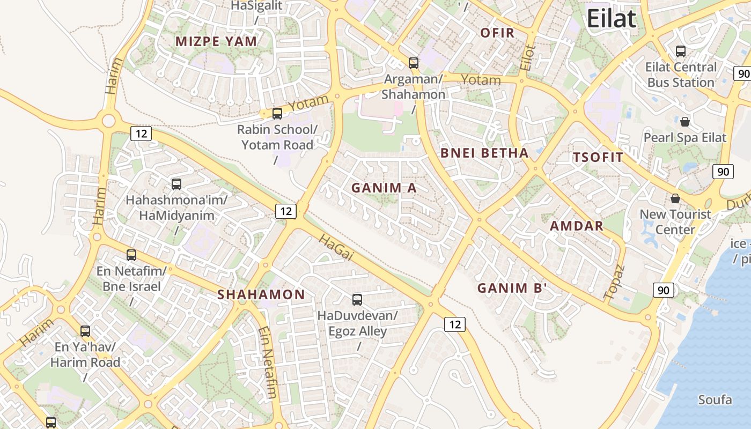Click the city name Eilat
pyautogui.click(x=611, y=19)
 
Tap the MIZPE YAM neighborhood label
pyautogui.click(x=216, y=41)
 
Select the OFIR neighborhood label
pyautogui.click(x=497, y=33)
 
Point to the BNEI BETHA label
pyautogui.click(x=484, y=153)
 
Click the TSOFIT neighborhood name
pyautogui.click(x=598, y=158)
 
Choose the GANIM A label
pyautogui.click(x=384, y=188)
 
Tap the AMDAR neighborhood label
pyautogui.click(x=577, y=226)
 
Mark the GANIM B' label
pyautogui.click(x=512, y=288)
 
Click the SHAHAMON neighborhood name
pyautogui.click(x=261, y=294)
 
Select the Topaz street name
pyautogui.click(x=615, y=282)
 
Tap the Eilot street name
pyautogui.click(x=528, y=58)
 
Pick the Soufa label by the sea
pyautogui.click(x=715, y=400)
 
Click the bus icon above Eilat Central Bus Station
pyautogui.click(x=681, y=51)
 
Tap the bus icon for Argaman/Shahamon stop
pyautogui.click(x=414, y=63)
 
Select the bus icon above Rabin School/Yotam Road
pyautogui.click(x=277, y=114)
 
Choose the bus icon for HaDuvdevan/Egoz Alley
pyautogui.click(x=357, y=300)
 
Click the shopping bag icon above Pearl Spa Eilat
pyautogui.click(x=685, y=121)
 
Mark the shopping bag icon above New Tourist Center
pyautogui.click(x=675, y=198)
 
